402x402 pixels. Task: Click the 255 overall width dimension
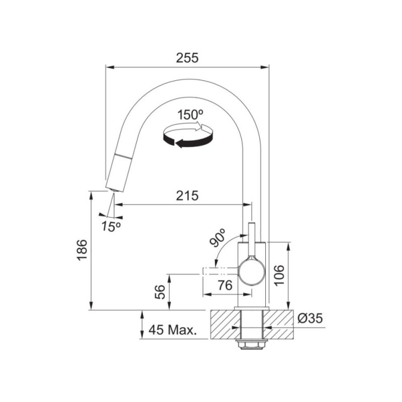point(187,58)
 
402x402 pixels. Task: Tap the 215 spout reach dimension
point(187,195)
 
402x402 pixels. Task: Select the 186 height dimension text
point(82,250)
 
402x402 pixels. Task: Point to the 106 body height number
point(279,275)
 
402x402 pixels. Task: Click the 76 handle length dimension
point(225,285)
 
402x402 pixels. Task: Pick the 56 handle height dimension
point(160,292)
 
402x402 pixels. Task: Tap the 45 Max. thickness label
point(173,330)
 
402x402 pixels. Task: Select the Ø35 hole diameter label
point(310,319)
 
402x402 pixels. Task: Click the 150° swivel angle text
point(190,115)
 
